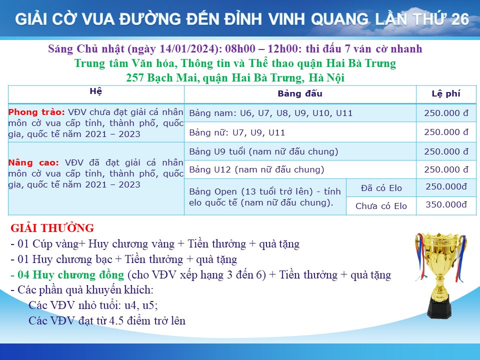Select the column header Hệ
[96, 91]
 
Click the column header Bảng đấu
[300, 93]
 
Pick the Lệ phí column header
[446, 93]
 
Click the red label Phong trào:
[36, 112]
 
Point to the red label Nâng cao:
[33, 162]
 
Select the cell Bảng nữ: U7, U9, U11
[237, 132]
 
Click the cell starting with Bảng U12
[256, 169]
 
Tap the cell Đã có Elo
[381, 188]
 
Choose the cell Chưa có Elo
[381, 206]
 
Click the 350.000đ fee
[446, 204]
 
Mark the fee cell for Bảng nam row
[446, 113]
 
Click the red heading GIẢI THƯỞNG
[52, 228]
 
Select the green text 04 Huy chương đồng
[70, 274]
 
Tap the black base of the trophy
[439, 307]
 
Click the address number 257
[135, 78]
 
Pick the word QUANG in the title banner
[340, 19]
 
